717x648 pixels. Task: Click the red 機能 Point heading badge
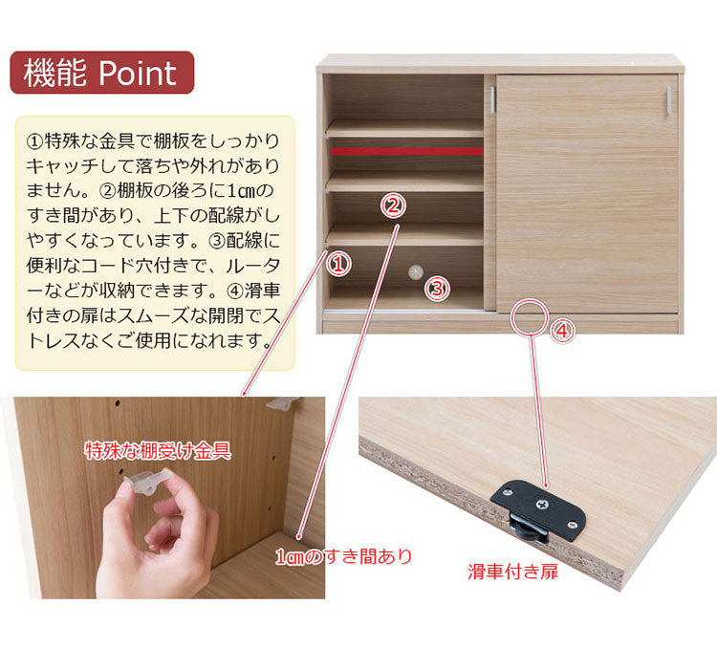[x=102, y=73]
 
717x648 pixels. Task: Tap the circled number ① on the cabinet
[x=338, y=264]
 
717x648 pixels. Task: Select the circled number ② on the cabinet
[x=393, y=205]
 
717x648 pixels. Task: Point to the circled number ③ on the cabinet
[x=437, y=289]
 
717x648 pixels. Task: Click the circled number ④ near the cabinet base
[x=562, y=330]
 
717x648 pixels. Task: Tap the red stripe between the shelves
[x=406, y=151]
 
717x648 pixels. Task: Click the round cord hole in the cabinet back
[x=416, y=271]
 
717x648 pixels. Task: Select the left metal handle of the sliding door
[x=493, y=99]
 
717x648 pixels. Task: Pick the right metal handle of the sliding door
[x=668, y=99]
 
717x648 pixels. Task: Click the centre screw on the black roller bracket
[x=542, y=505]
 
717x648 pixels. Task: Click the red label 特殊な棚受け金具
[x=158, y=451]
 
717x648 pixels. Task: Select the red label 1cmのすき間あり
[x=344, y=556]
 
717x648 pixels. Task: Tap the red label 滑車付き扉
[x=512, y=572]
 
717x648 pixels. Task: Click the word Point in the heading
[x=137, y=73]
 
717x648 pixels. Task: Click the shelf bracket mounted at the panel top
[x=284, y=403]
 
